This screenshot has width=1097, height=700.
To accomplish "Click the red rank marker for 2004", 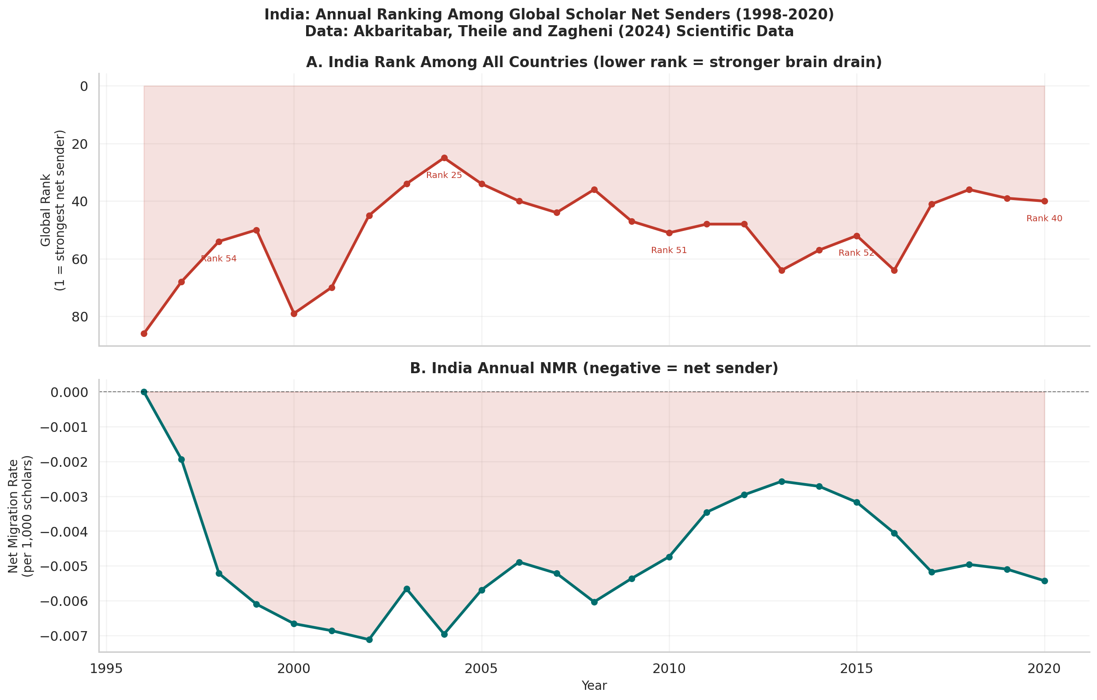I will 444,158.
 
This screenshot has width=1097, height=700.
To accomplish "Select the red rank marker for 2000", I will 294,314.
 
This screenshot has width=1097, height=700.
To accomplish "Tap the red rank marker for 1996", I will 144,334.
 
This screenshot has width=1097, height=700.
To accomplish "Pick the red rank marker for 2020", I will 1045,201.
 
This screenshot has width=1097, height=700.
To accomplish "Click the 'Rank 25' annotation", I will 444,176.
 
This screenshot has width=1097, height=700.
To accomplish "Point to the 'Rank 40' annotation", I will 1044,219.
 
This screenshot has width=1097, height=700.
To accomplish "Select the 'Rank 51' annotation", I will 669,250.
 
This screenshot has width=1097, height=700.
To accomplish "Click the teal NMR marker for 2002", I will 370,640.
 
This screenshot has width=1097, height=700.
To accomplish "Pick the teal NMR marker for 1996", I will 144,392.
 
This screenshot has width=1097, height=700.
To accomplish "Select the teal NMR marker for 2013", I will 782,481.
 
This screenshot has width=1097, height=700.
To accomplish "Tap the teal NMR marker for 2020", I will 1045,581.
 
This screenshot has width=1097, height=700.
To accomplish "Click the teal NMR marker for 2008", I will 594,602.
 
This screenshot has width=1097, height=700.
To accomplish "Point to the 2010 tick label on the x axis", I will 669,669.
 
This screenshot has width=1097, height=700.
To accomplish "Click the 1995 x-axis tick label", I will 106,669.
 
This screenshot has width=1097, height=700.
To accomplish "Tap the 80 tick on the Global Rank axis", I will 80,317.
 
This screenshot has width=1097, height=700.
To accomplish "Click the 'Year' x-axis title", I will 594,686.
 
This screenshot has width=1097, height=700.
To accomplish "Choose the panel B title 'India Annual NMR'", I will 594,368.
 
